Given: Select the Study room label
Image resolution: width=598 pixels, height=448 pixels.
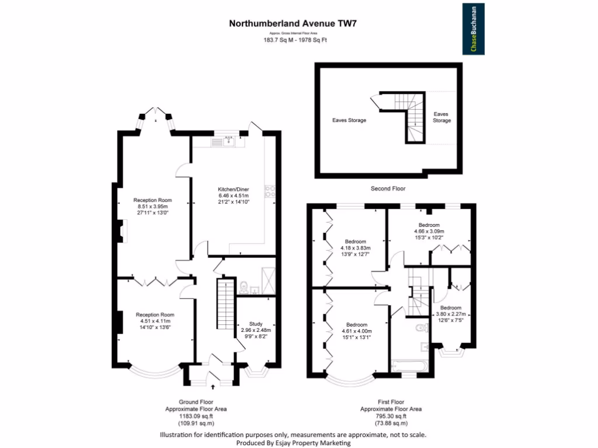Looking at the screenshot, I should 256,324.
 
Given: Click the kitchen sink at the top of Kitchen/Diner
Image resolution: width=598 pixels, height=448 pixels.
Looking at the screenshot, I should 228,139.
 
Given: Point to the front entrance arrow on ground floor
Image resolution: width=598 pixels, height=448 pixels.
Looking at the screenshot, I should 211,386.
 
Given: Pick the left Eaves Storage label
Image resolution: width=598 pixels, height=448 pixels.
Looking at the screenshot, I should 349,121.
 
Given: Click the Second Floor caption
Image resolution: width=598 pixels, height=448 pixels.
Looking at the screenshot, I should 388,188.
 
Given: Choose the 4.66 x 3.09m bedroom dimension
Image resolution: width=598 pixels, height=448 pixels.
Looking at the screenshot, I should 429,231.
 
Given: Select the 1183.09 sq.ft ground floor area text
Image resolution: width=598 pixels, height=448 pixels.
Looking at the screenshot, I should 196,416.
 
